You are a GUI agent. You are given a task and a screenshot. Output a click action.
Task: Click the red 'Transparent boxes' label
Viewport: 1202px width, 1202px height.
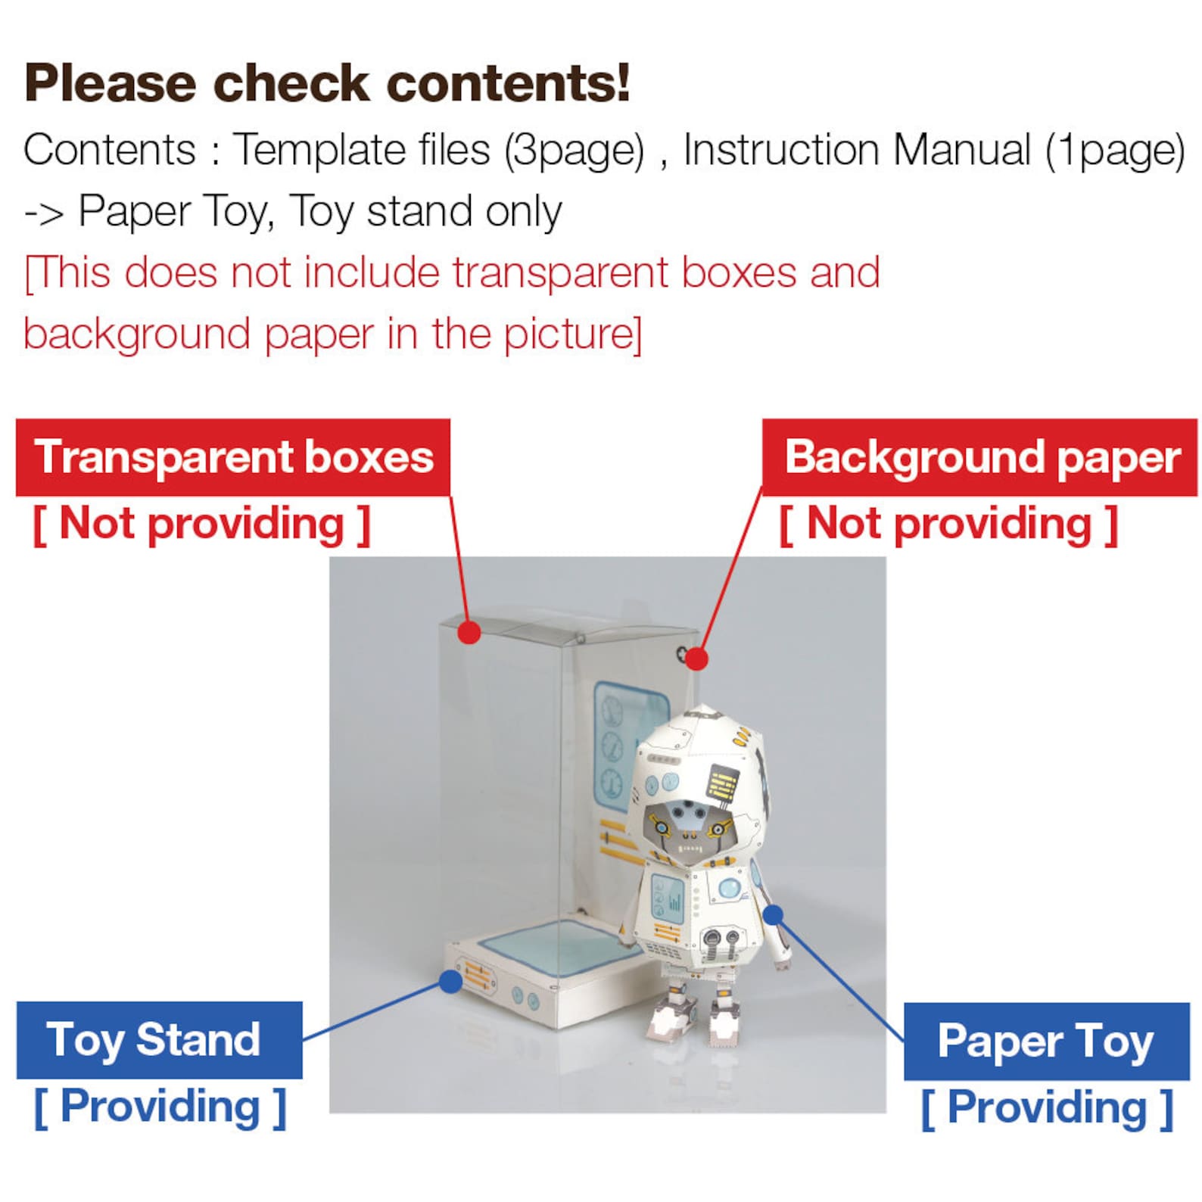pyautogui.click(x=233, y=457)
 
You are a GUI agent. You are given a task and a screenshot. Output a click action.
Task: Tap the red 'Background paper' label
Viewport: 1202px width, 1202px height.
pyautogui.click(x=981, y=457)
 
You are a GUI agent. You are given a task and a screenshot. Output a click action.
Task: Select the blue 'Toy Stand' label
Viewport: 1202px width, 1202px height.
pyautogui.click(x=159, y=1040)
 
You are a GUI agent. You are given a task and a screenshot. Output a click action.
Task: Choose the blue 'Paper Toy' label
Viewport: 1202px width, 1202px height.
pyautogui.click(x=1046, y=1041)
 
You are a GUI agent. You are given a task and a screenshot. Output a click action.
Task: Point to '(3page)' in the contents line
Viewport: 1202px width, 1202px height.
pyautogui.click(x=575, y=150)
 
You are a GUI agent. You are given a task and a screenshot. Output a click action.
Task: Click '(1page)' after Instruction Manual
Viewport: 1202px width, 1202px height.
pyautogui.click(x=1115, y=150)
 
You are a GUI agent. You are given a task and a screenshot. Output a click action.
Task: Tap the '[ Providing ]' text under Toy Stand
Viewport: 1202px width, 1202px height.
pyautogui.click(x=160, y=1107)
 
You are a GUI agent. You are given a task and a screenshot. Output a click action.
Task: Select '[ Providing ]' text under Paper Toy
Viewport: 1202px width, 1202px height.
pyautogui.click(x=1047, y=1108)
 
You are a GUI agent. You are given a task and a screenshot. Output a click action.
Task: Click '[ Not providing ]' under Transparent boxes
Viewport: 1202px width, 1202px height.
pyautogui.click(x=201, y=524)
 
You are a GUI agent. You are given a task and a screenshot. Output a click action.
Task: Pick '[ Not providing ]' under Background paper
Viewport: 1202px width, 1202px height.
pyautogui.click(x=948, y=524)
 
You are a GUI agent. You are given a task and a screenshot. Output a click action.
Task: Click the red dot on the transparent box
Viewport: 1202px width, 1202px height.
pyautogui.click(x=469, y=632)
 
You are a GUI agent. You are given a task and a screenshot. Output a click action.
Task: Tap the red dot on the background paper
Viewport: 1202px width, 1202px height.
pyautogui.click(x=696, y=659)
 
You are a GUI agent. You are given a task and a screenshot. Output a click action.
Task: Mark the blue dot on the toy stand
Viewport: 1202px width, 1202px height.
pyautogui.click(x=450, y=982)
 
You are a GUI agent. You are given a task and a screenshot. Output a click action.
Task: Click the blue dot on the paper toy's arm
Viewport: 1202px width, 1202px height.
pyautogui.click(x=773, y=915)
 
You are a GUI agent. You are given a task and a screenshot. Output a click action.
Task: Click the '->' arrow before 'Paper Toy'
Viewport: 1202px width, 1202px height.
pyautogui.click(x=44, y=213)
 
